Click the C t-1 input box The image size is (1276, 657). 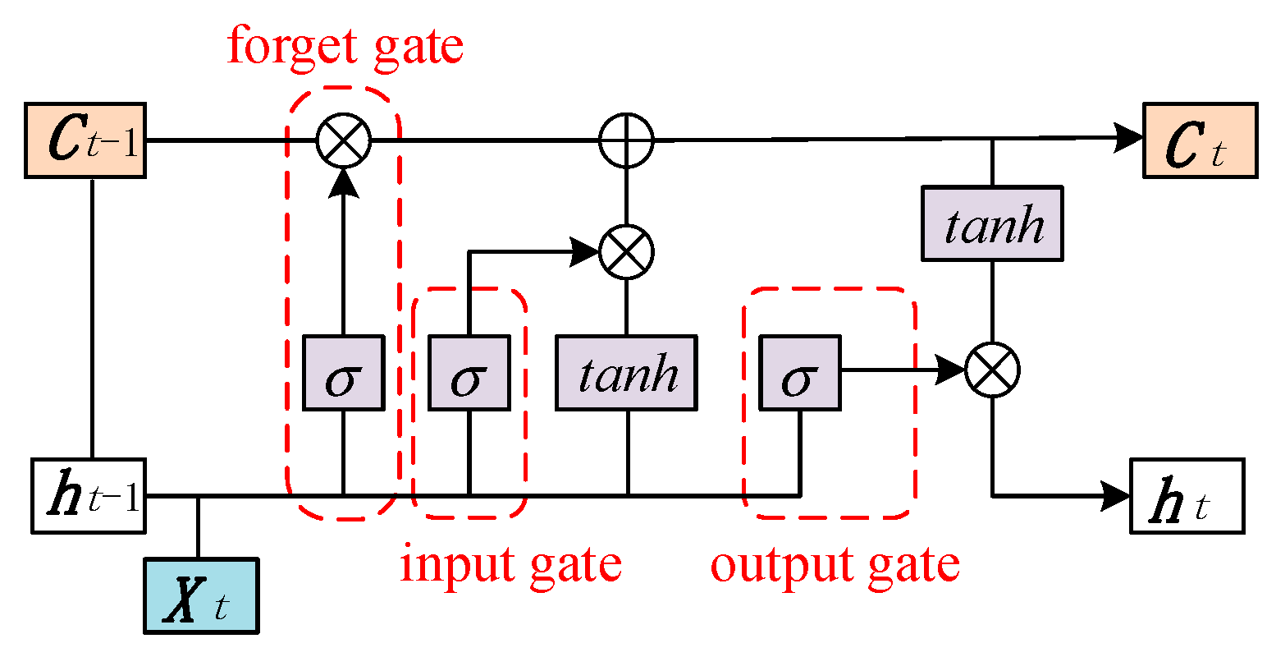point(85,140)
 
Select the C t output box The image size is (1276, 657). point(1200,140)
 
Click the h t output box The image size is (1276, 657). point(1187,496)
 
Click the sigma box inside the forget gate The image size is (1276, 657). point(343,373)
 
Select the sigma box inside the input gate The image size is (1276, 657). point(469,373)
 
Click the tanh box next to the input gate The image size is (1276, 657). point(627,373)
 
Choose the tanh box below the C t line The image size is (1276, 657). point(993,223)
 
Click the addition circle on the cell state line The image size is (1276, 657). point(627,140)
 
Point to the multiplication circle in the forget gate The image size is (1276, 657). point(344,140)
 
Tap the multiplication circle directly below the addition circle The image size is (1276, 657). point(627,251)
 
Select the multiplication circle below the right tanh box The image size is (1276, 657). point(993,370)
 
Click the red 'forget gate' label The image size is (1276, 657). point(345,48)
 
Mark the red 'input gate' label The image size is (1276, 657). point(510,565)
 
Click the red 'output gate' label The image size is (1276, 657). point(835,565)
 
